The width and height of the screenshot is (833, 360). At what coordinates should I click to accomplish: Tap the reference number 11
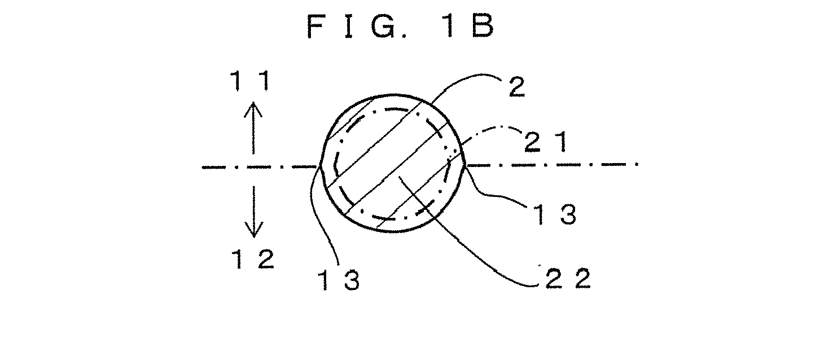click(x=250, y=81)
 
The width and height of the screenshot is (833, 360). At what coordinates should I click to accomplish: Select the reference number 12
click(x=253, y=259)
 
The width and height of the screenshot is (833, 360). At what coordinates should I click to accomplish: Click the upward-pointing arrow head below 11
click(x=253, y=109)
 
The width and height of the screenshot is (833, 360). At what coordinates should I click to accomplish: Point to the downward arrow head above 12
click(x=254, y=230)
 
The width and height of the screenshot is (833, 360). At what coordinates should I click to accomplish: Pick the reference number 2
click(x=516, y=87)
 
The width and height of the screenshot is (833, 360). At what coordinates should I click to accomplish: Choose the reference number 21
click(x=546, y=142)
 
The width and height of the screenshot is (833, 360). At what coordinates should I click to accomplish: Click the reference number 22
click(x=568, y=279)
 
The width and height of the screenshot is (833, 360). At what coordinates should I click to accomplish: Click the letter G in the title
click(x=383, y=26)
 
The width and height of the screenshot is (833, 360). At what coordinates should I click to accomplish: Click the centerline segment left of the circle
click(x=260, y=168)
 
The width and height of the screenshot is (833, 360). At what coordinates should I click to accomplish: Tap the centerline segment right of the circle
click(x=552, y=164)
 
